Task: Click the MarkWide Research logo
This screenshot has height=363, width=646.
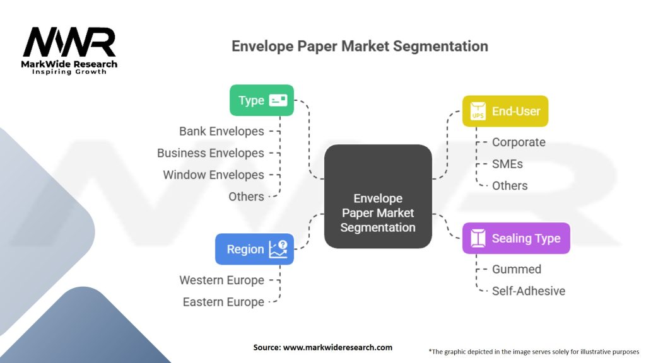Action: tap(69, 50)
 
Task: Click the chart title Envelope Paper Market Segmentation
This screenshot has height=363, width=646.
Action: tap(360, 46)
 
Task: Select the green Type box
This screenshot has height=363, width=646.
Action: tap(261, 100)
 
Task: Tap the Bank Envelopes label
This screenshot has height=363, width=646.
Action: tap(221, 131)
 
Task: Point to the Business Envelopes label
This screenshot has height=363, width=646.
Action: tap(211, 153)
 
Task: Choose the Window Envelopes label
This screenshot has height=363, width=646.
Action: tap(213, 175)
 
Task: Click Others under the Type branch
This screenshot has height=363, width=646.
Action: tap(246, 197)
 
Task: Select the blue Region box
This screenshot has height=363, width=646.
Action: tap(254, 249)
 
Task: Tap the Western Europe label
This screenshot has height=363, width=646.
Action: tap(221, 280)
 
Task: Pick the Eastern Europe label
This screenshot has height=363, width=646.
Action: tap(223, 302)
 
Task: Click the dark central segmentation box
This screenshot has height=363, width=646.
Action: tap(378, 196)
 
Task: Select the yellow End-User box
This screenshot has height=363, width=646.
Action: tap(505, 111)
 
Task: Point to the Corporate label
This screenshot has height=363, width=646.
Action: tap(519, 142)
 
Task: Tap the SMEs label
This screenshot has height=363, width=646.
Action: tap(507, 164)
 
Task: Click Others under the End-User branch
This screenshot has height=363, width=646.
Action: tap(510, 185)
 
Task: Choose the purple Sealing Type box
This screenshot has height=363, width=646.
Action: tap(515, 238)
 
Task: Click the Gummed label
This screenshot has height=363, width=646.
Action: tap(517, 269)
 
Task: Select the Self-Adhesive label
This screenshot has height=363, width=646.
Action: tap(529, 291)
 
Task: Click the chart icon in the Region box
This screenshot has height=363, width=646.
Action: tap(278, 249)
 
